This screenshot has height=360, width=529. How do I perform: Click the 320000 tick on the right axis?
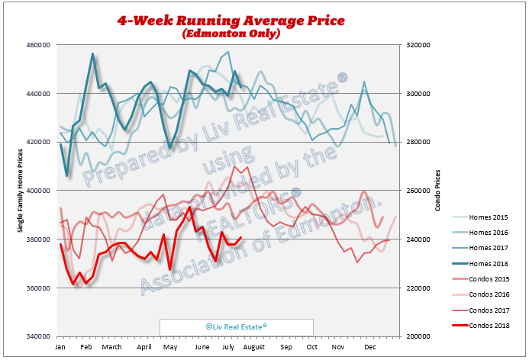click(419, 45)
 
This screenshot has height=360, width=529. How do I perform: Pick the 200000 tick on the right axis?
click(419, 336)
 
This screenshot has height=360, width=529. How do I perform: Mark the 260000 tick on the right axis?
click(419, 191)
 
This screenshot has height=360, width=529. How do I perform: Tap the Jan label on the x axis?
click(60, 347)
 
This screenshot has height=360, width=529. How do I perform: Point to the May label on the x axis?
click(173, 347)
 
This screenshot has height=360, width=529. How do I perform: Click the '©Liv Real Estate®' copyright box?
click(236, 326)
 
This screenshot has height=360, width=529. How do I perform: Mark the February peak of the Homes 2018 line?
click(92, 54)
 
